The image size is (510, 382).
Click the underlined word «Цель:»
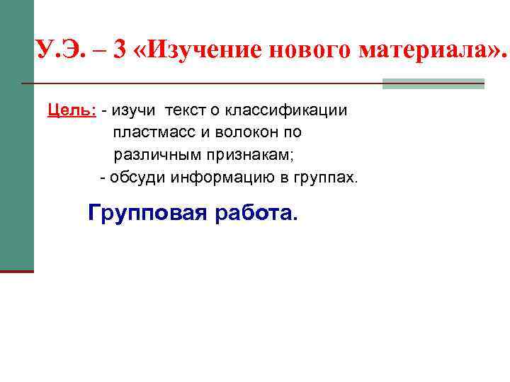click(72, 110)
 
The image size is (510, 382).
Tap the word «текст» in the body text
click(191, 110)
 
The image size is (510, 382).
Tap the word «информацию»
click(224, 176)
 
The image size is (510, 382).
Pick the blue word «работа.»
click(257, 213)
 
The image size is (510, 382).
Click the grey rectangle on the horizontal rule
click(433, 83)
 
